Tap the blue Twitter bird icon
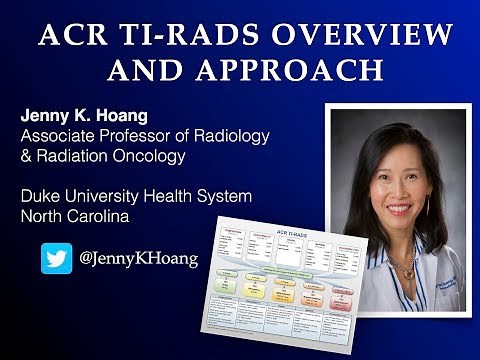click(56, 258)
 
